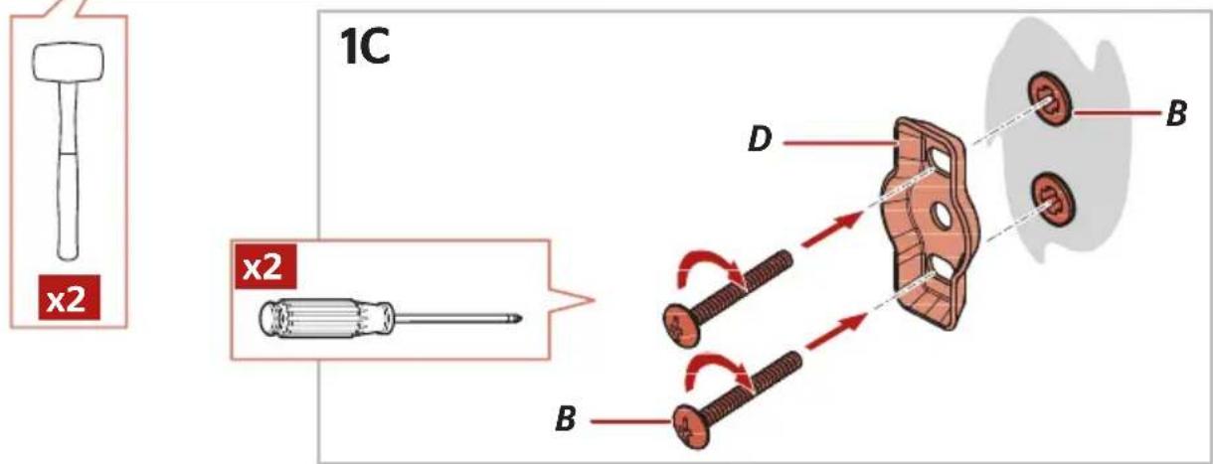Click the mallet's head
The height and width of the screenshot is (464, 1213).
pos(69,62)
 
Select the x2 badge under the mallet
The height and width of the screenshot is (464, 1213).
pos(69,297)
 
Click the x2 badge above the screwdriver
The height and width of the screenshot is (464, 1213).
pos(265,266)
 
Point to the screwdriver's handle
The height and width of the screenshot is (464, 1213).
pos(326,318)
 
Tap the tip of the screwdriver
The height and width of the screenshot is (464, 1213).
pos(521,319)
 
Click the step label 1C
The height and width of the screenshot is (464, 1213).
pos(364,47)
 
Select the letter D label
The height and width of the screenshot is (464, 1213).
pos(760,140)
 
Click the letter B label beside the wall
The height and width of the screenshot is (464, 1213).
pos(1176,113)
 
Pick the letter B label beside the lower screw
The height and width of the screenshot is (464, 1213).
pos(566,419)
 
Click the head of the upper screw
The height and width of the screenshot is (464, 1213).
pos(681,326)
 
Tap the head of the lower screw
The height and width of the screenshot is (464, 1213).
pos(691,426)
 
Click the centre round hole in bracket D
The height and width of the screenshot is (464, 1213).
pos(942,216)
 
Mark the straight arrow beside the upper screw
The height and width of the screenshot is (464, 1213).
pos(832,230)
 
